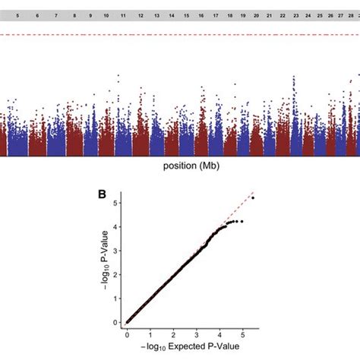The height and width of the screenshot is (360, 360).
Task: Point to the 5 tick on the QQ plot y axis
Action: click(x=115, y=203)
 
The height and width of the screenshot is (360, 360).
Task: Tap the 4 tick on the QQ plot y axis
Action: click(x=115, y=226)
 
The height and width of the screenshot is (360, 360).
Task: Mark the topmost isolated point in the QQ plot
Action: click(x=253, y=198)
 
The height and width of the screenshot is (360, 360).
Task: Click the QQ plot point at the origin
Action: click(x=128, y=322)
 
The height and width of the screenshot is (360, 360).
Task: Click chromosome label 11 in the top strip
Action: click(x=125, y=14)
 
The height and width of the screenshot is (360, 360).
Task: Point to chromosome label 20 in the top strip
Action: click(x=257, y=14)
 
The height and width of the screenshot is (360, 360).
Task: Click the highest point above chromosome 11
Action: click(x=118, y=76)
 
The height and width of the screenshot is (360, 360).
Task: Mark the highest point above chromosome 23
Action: click(x=294, y=77)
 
